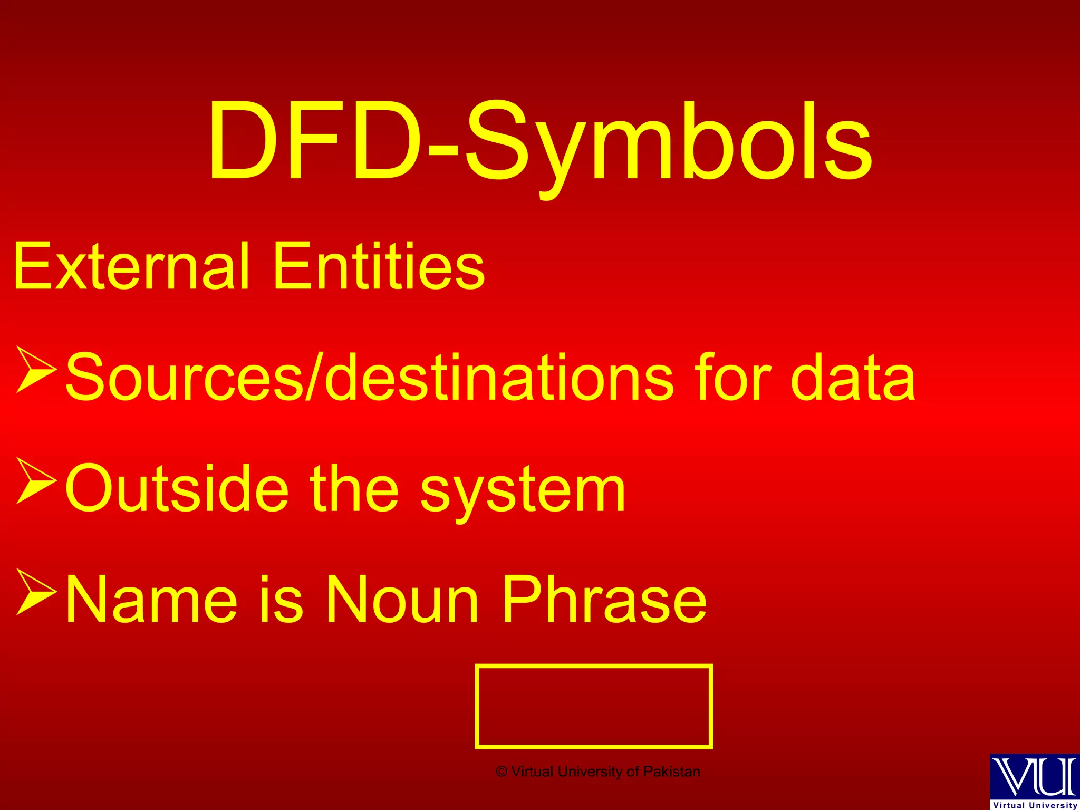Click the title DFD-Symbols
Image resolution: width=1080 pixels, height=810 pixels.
tap(540, 142)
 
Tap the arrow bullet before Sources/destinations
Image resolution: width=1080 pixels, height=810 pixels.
tap(36, 369)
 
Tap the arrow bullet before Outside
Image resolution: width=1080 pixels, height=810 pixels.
tap(36, 480)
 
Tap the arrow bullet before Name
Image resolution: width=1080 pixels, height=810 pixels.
tap(36, 592)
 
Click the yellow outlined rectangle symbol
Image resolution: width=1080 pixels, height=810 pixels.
tap(594, 706)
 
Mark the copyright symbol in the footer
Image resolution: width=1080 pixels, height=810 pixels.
tap(502, 772)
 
